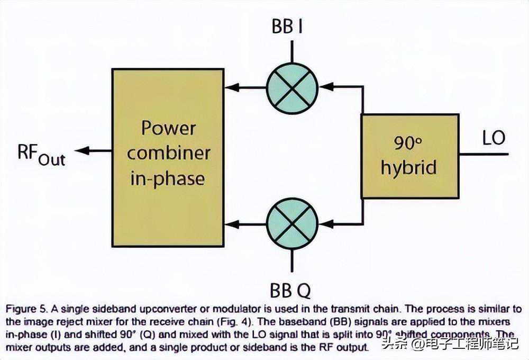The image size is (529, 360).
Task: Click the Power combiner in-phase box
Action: point(168,157)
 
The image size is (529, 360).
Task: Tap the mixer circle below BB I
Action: point(291,88)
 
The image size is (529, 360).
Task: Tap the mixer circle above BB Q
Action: point(291,224)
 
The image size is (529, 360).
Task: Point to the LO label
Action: point(494,138)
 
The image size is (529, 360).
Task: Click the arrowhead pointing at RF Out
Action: point(80,151)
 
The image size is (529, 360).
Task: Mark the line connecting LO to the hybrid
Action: point(484,154)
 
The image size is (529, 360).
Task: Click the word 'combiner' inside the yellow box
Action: point(168,153)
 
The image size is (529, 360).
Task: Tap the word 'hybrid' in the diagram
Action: point(409,167)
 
